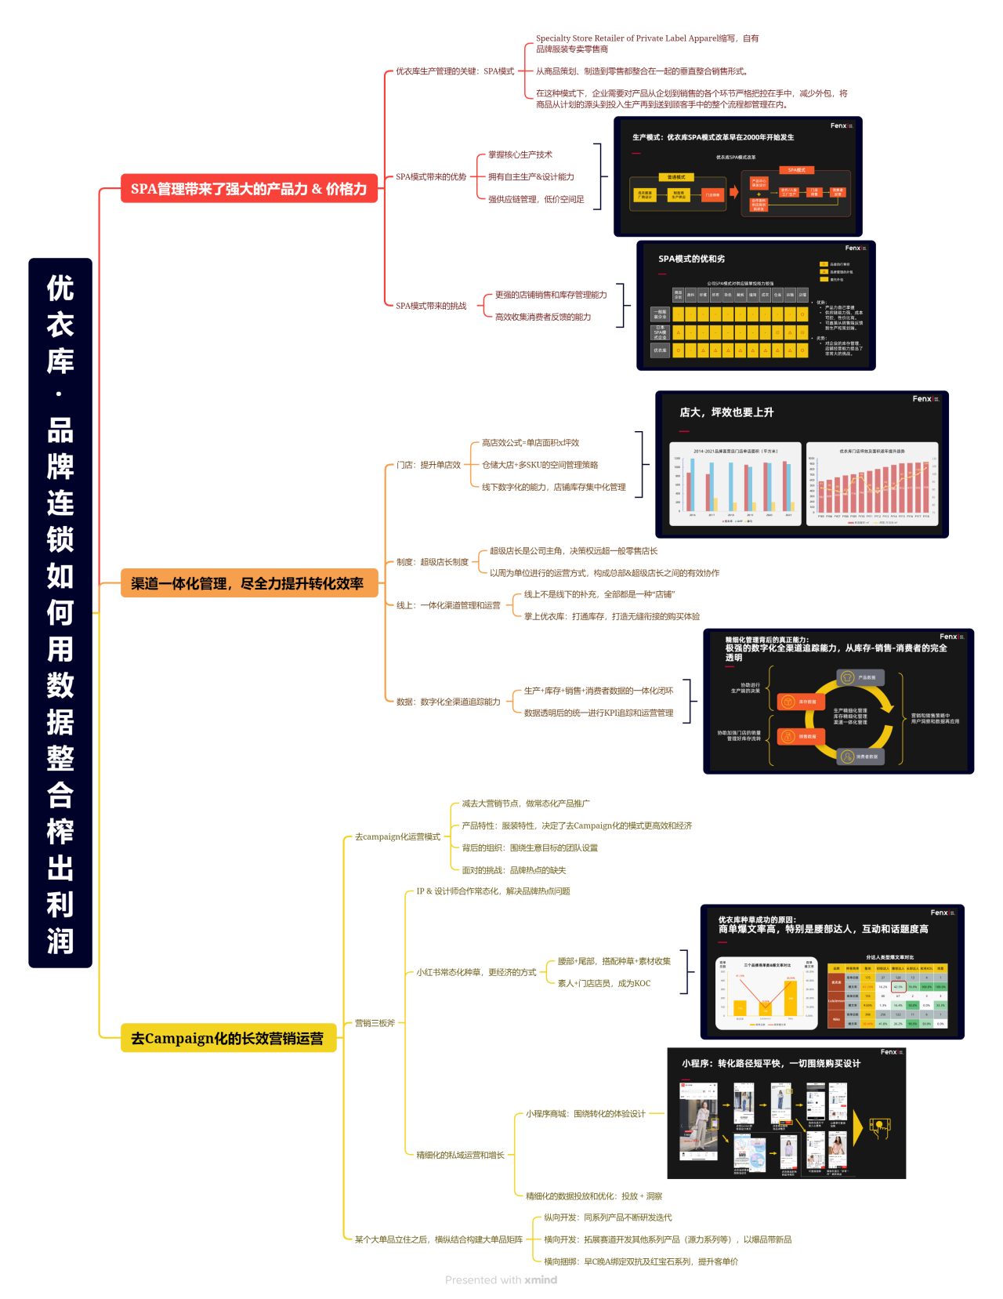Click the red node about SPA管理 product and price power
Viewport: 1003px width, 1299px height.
tap(248, 189)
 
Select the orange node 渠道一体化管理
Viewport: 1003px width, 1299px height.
tap(248, 583)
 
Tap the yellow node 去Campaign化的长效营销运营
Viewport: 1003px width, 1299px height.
tap(227, 1038)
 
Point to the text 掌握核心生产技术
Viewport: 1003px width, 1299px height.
tap(520, 154)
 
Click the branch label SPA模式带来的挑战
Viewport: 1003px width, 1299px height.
tap(431, 306)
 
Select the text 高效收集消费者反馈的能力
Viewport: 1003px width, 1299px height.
tap(543, 317)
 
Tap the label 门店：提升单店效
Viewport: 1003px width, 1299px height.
tap(429, 465)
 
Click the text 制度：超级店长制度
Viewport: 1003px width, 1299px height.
tap(433, 562)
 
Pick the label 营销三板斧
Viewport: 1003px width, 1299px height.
tap(375, 1023)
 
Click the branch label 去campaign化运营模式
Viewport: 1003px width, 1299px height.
tap(397, 836)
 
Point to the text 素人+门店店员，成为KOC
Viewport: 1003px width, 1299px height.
tap(604, 983)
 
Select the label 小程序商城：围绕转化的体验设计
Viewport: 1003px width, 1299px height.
tap(585, 1113)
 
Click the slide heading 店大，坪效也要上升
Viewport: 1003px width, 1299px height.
tap(726, 412)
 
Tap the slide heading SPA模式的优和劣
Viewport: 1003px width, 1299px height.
tap(692, 259)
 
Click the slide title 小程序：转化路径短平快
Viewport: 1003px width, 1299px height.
tap(771, 1063)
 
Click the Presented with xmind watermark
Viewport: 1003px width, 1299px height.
tap(501, 1280)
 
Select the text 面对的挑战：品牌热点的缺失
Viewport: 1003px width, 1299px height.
tap(514, 870)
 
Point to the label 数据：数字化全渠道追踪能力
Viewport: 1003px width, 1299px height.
tap(448, 702)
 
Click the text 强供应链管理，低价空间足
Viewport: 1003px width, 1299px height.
tap(536, 199)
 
